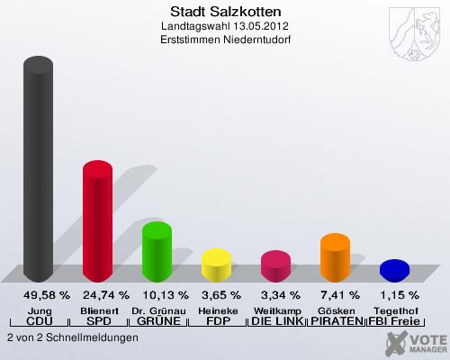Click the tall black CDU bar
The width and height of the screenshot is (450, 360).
[x=38, y=171]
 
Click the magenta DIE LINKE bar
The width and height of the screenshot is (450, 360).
[x=275, y=265]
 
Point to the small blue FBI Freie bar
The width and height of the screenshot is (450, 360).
[x=394, y=269]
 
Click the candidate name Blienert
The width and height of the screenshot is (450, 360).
[x=98, y=310]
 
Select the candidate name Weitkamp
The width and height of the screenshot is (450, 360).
[x=276, y=310]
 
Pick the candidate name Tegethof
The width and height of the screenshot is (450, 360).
[x=395, y=310]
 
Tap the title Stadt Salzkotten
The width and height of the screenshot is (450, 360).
[x=225, y=12]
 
